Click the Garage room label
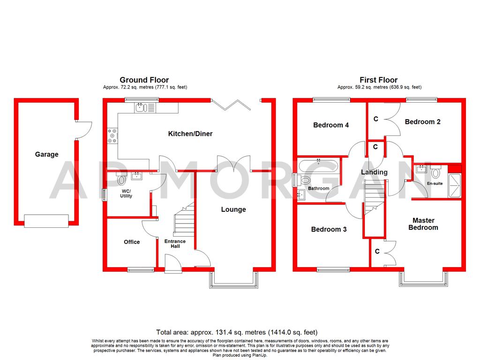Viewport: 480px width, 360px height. (x=46, y=154)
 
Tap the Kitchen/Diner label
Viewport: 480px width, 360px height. (x=190, y=134)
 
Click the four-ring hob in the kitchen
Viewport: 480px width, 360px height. (x=113, y=135)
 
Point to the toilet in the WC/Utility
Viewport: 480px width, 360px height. (x=122, y=180)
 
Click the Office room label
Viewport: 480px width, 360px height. (x=132, y=242)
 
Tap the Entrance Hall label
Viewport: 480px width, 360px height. (x=175, y=244)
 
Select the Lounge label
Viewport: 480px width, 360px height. (x=233, y=210)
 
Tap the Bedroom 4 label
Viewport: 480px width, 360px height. (x=331, y=125)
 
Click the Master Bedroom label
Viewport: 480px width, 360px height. (x=423, y=224)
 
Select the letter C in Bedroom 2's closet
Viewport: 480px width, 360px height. (x=376, y=119)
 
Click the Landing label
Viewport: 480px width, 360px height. (x=374, y=172)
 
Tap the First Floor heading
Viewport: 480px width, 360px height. (x=378, y=80)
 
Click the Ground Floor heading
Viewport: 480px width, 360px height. (x=144, y=80)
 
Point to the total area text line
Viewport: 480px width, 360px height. (x=240, y=332)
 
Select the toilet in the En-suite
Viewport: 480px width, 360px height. (x=435, y=173)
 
